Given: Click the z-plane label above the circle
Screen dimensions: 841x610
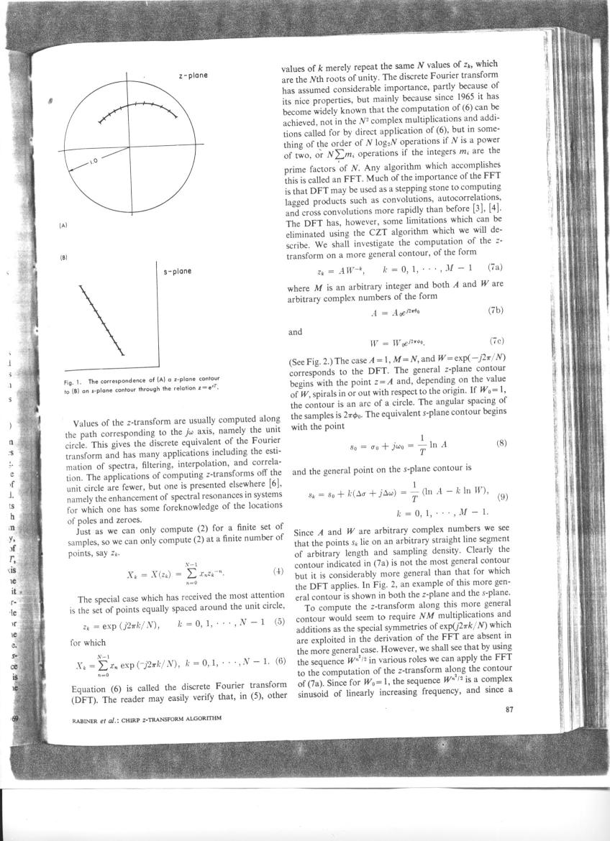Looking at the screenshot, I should [x=194, y=75].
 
